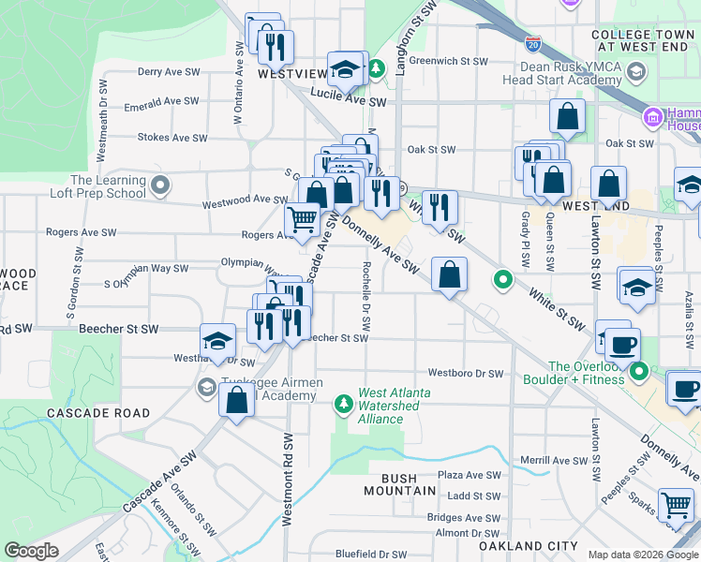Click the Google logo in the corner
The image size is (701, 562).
point(32,551)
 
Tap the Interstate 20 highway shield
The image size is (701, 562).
point(532,43)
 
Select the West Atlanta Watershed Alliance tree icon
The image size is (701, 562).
point(344,404)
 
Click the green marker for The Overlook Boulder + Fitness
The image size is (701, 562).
point(641,373)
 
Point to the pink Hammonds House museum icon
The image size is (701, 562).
point(653,118)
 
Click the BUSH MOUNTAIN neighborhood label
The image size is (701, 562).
point(400,483)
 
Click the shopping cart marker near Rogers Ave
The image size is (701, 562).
point(302,221)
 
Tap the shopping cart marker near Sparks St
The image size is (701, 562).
point(675,506)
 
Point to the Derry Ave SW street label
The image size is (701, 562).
point(169,71)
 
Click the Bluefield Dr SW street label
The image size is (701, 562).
point(372,555)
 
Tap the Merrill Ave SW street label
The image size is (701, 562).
point(553,460)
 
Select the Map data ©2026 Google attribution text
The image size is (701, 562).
point(642,555)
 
